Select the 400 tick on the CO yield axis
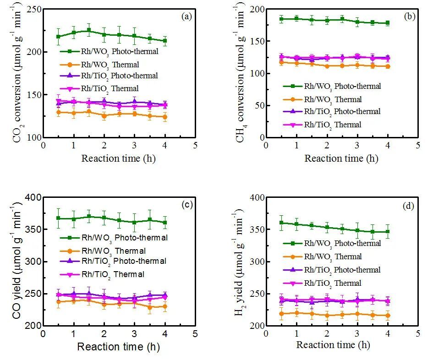pos(33,197)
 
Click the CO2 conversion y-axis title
pos(17,73)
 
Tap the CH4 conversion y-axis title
pos(240,73)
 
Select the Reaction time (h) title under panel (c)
pos(118,347)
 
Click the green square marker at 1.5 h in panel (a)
pos(89,30)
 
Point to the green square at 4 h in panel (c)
pos(164,223)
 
